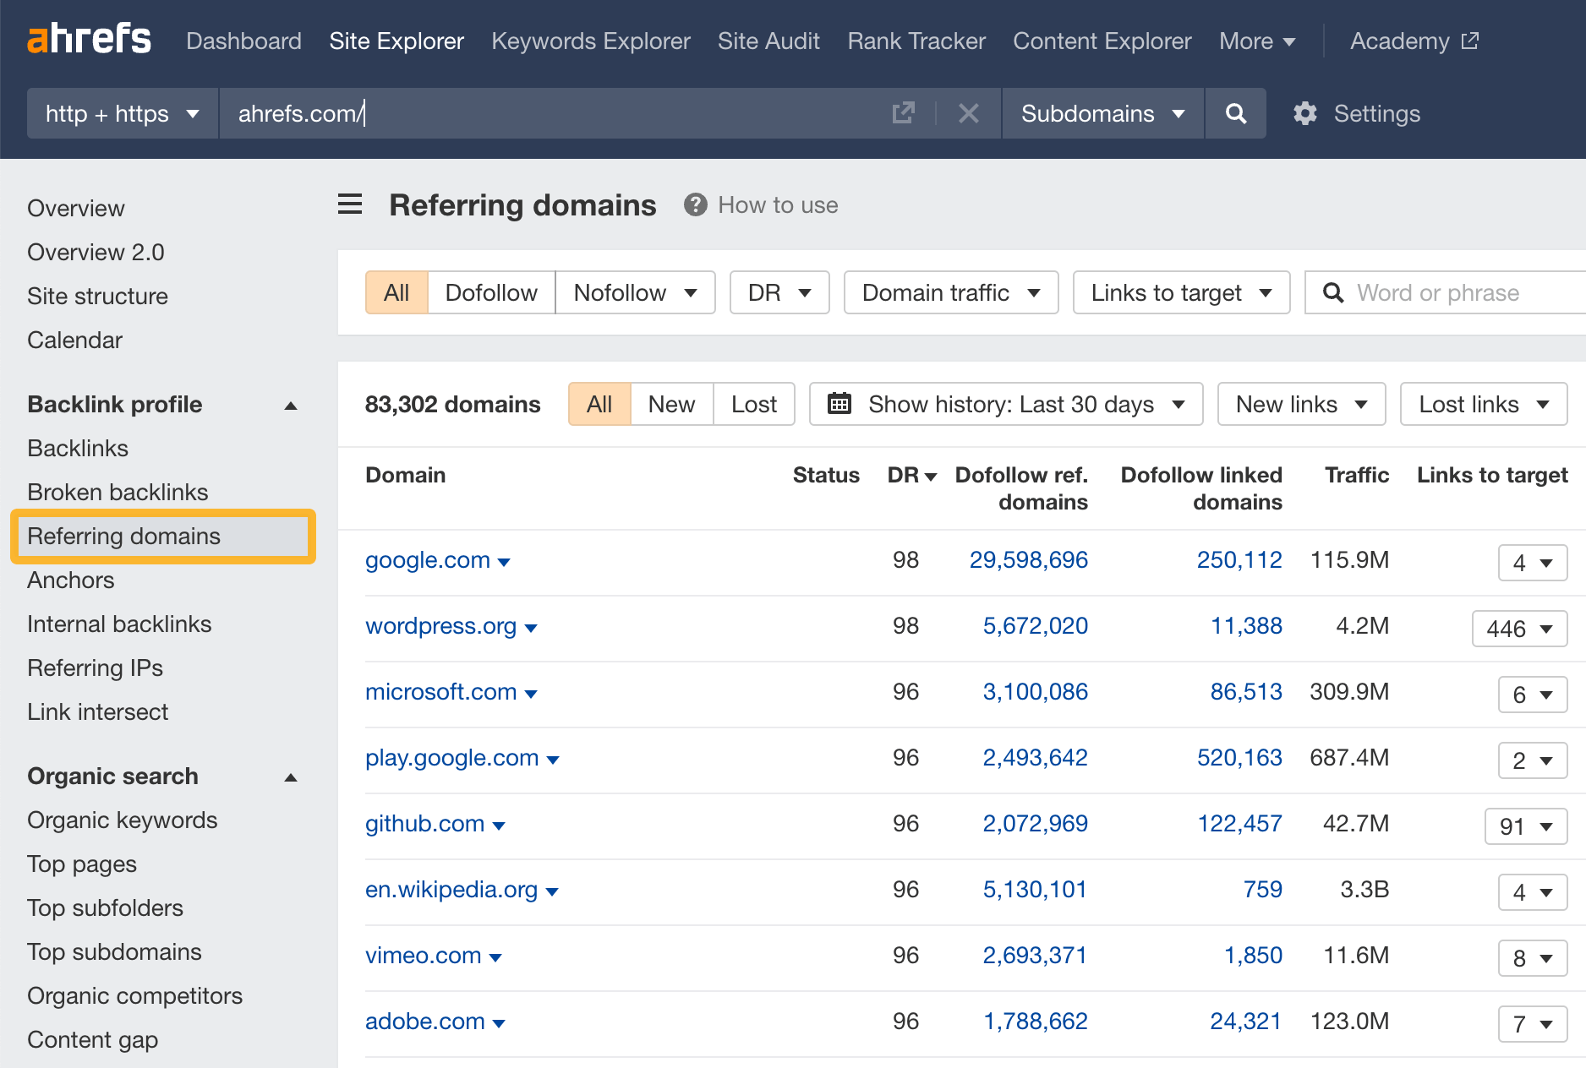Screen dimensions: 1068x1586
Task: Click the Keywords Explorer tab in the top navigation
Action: (590, 41)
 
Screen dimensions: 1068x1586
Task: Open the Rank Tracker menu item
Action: (916, 41)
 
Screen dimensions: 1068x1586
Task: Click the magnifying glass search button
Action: (1235, 113)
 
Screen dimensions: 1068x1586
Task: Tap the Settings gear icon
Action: (1305, 113)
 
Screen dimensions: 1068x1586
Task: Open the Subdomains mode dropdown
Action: (1102, 113)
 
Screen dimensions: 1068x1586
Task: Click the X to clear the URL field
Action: (969, 113)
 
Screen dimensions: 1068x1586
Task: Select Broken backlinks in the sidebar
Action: (118, 492)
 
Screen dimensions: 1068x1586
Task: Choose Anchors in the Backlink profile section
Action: (70, 580)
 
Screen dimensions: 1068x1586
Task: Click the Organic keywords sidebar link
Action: (122, 820)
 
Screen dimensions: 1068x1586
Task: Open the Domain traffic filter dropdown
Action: (950, 292)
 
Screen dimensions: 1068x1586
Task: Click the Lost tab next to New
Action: (753, 404)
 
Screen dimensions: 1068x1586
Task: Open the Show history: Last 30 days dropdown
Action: (1006, 404)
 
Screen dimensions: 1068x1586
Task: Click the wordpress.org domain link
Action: (440, 625)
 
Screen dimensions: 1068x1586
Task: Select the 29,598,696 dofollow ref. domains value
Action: (1028, 559)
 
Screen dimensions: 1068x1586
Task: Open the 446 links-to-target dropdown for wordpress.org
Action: (1519, 629)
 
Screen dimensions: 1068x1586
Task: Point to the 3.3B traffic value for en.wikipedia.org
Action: (1364, 889)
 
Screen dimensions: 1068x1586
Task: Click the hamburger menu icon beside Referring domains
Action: (350, 204)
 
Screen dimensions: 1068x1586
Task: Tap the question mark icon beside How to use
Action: (695, 204)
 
